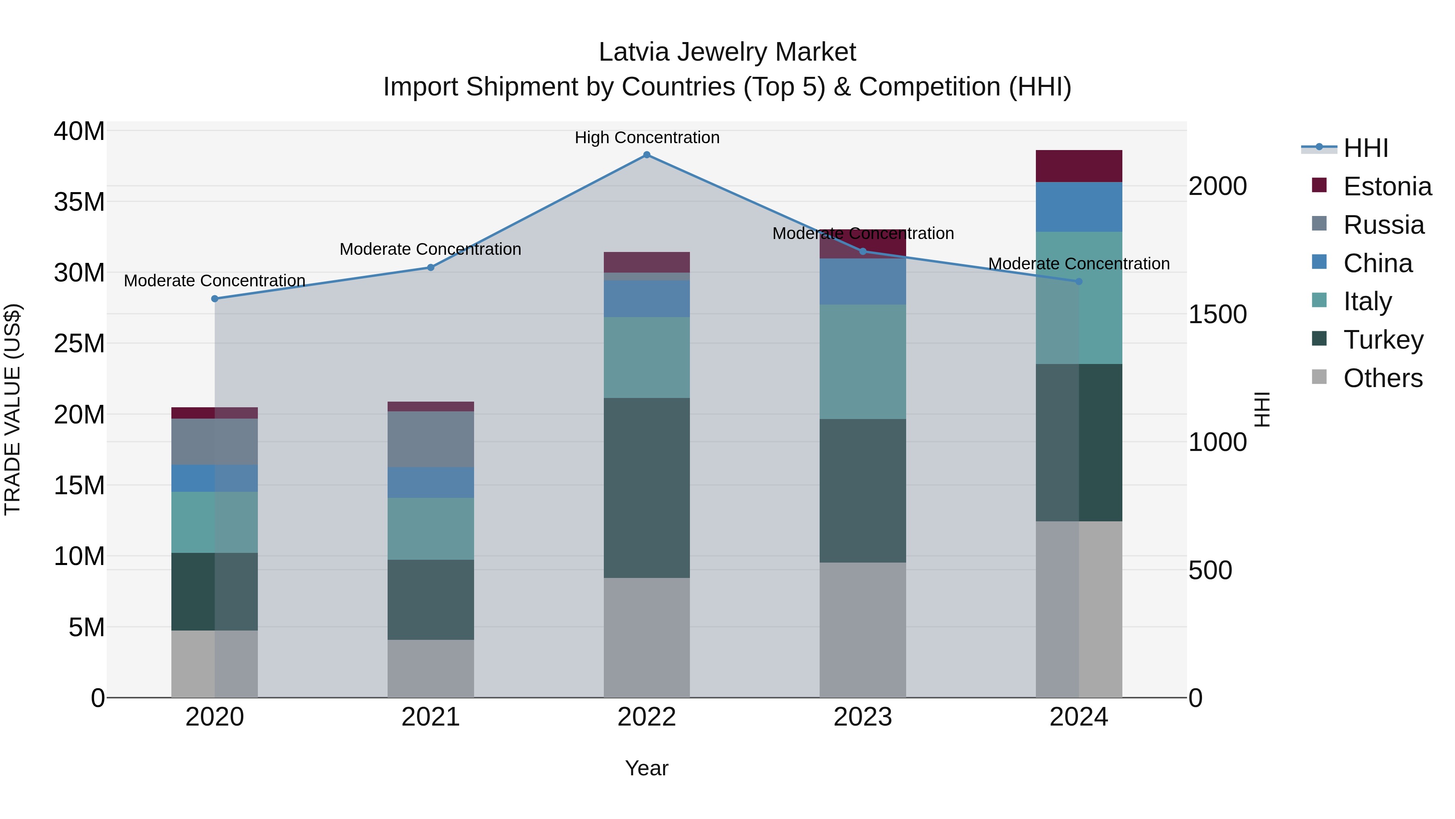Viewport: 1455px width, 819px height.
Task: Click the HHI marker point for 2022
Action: click(x=647, y=155)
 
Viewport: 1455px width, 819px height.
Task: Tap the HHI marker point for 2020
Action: click(x=215, y=298)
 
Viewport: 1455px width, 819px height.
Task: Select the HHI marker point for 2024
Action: click(x=1079, y=281)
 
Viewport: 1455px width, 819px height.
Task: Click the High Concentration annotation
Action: click(x=647, y=138)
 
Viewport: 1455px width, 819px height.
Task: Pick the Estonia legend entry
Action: click(x=1387, y=186)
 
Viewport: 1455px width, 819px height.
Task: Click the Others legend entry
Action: click(x=1382, y=378)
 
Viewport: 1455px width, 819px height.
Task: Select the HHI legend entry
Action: click(x=1365, y=148)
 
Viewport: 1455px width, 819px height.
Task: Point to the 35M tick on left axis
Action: click(x=79, y=202)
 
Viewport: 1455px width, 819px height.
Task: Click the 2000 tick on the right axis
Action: click(x=1218, y=186)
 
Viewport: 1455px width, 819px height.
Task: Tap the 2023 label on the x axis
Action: click(x=862, y=717)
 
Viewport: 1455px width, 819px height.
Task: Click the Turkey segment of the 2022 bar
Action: click(x=647, y=487)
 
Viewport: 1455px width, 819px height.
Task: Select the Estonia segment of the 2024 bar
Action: click(x=1079, y=166)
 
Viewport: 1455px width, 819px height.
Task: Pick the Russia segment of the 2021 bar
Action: click(x=430, y=439)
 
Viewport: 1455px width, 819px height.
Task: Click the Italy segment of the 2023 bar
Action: click(x=862, y=362)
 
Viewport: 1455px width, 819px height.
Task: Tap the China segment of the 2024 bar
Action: click(x=1079, y=207)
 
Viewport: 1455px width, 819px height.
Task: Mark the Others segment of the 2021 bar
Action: click(x=430, y=668)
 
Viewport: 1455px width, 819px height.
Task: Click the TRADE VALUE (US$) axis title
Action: click(x=13, y=409)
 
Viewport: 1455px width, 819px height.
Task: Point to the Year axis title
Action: click(x=647, y=768)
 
